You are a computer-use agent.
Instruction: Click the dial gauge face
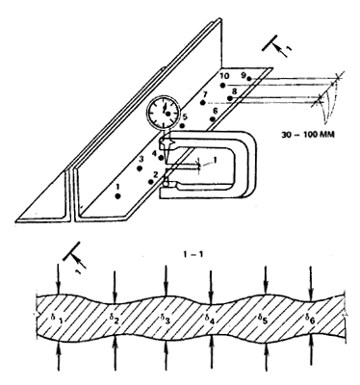[x=164, y=113]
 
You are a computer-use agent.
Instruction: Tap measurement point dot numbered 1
[x=117, y=196]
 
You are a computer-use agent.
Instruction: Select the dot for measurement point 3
[x=140, y=168]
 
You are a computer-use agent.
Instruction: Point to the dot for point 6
[x=212, y=119]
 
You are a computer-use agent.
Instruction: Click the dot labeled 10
[x=222, y=85]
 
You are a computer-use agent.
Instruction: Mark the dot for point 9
[x=249, y=78]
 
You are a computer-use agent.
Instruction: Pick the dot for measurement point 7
[x=202, y=103]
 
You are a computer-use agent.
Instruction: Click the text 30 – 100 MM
[x=308, y=134]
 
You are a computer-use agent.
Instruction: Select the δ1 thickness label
[x=57, y=319]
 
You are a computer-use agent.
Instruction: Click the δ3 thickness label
[x=165, y=319]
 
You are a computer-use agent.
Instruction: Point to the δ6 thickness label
[x=311, y=319]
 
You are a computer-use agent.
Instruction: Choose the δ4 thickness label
[x=210, y=319]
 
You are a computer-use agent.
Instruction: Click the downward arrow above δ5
[x=266, y=279]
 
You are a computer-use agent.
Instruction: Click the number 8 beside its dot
[x=234, y=91]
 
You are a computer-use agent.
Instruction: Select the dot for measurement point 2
[x=151, y=182]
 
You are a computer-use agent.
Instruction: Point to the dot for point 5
[x=182, y=125]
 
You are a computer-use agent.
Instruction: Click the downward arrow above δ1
[x=58, y=279]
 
